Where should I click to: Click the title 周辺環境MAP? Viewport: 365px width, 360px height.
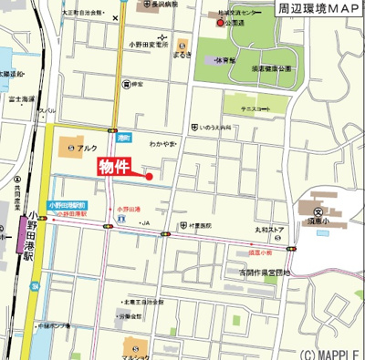[x=319, y=8]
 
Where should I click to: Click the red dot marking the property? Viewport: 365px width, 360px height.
[x=149, y=177]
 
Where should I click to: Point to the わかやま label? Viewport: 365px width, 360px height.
[x=162, y=143]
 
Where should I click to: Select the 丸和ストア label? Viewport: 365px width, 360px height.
[x=270, y=230]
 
